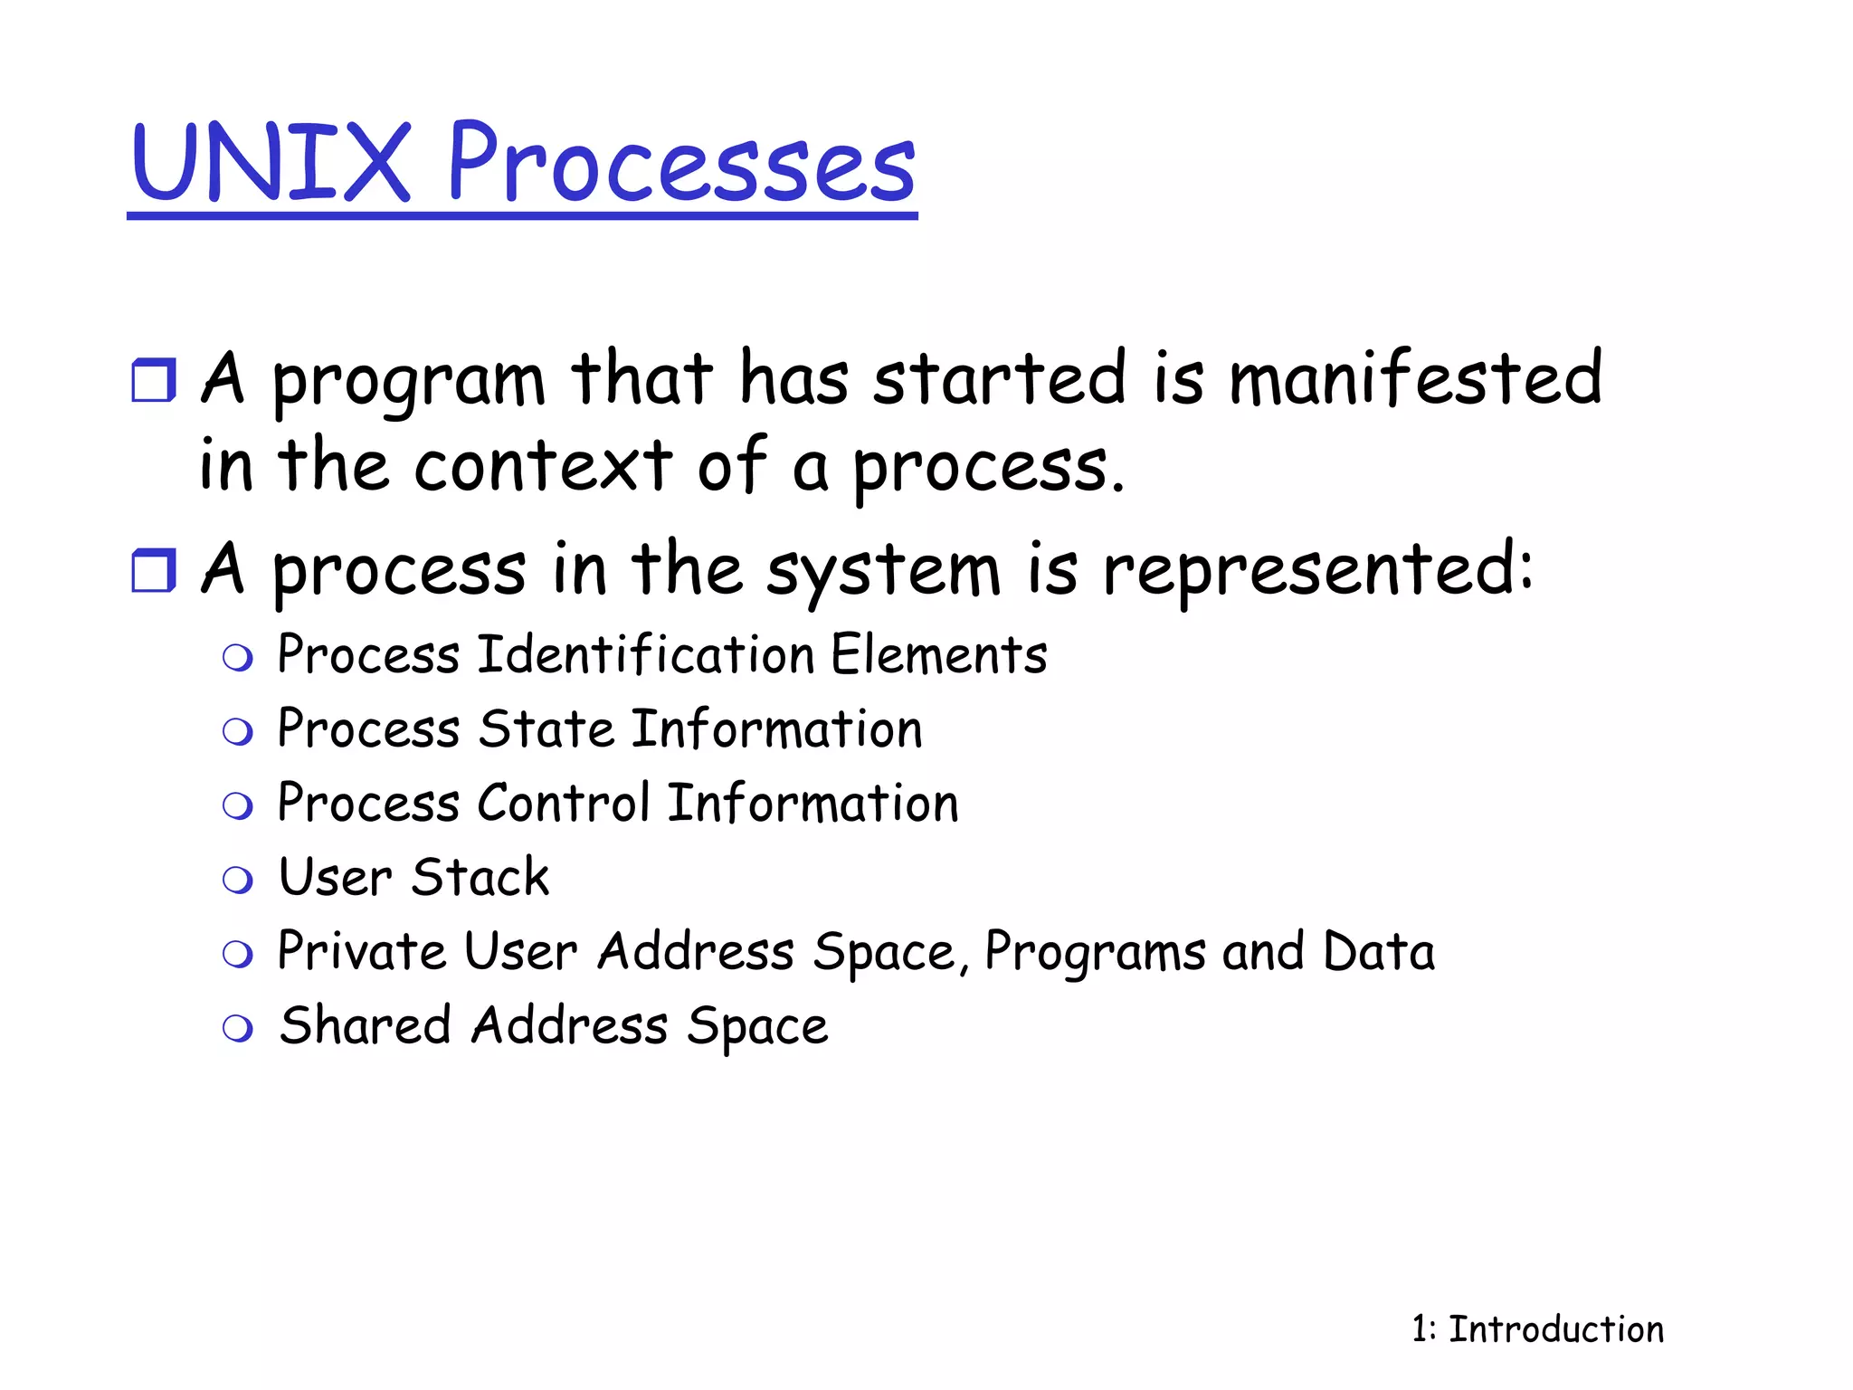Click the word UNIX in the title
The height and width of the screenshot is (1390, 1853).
pyautogui.click(x=271, y=163)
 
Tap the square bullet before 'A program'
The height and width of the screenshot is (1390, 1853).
pyautogui.click(x=153, y=380)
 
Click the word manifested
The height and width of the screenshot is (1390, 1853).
pyautogui.click(x=1416, y=378)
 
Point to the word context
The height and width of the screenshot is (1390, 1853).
pyautogui.click(x=544, y=466)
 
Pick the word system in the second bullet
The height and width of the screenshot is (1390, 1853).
pyautogui.click(x=884, y=572)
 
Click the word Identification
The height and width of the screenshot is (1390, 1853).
pyautogui.click(x=646, y=655)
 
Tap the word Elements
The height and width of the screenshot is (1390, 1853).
pyautogui.click(x=939, y=655)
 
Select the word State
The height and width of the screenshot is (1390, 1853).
pyautogui.click(x=546, y=729)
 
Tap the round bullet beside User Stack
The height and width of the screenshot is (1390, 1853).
pyautogui.click(x=238, y=880)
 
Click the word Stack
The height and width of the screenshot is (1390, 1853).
pyautogui.click(x=480, y=878)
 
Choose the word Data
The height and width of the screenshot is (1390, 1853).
pyautogui.click(x=1379, y=952)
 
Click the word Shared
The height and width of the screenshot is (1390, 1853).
pyautogui.click(x=366, y=1026)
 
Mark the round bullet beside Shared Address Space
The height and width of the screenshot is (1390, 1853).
pyautogui.click(x=238, y=1028)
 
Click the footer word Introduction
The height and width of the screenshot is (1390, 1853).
pyautogui.click(x=1556, y=1329)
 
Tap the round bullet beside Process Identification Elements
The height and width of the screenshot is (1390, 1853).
pyautogui.click(x=238, y=658)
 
